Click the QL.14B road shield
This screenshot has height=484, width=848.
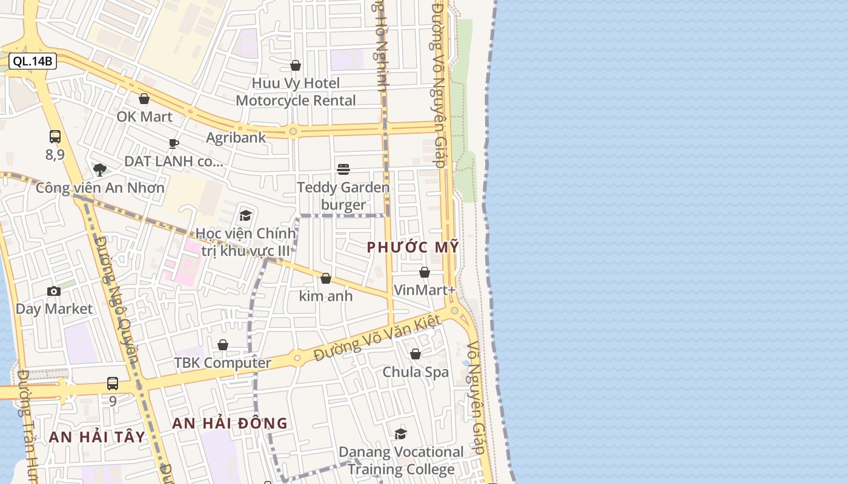point(33,61)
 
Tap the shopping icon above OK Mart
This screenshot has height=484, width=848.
point(144,99)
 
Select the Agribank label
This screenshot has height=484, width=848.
point(236,137)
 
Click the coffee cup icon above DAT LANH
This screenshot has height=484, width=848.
point(174,143)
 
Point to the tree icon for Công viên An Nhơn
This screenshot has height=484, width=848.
point(100,170)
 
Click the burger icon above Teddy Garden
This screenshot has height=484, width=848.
point(343,169)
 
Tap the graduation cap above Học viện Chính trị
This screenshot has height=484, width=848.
point(245,215)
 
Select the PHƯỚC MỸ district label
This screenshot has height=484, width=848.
point(413,247)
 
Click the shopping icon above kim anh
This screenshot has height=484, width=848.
point(326,278)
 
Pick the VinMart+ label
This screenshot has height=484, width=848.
point(425,290)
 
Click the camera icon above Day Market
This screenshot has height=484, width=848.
point(54,292)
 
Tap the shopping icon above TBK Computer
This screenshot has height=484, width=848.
point(223,345)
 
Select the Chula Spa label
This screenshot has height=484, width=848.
point(416,372)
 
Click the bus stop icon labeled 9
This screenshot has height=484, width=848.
point(113,383)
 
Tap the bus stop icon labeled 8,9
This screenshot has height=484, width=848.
point(55,137)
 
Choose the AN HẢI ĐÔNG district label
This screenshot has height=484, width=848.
point(230,423)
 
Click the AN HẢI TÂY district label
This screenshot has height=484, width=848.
point(97,437)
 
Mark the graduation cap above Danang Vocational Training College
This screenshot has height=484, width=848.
point(400,434)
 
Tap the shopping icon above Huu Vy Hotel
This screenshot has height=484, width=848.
point(296,65)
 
